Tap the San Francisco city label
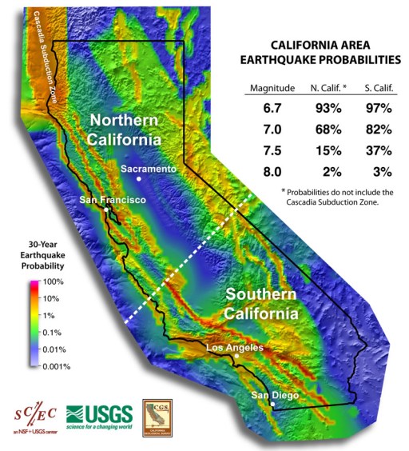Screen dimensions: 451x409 click(112, 200)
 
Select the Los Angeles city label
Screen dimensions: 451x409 click(236, 349)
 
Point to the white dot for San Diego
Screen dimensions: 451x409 click(272, 405)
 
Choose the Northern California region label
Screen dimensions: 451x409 click(128, 129)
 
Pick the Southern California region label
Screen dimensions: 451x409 click(261, 304)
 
